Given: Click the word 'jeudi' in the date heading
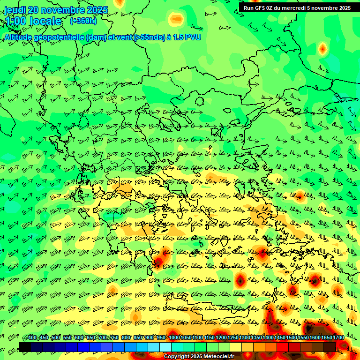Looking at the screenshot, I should tap(15, 10).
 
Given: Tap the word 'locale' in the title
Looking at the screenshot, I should tap(45, 21).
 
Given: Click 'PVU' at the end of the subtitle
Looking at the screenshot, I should tap(193, 37).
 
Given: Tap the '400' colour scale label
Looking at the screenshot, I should tap(32, 338).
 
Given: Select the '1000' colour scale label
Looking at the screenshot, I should tap(174, 338).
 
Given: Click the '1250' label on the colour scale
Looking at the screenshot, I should tap(233, 338).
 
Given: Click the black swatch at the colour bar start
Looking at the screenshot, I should tap(25, 347).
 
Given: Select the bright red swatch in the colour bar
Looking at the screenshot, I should tap(283, 347).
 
